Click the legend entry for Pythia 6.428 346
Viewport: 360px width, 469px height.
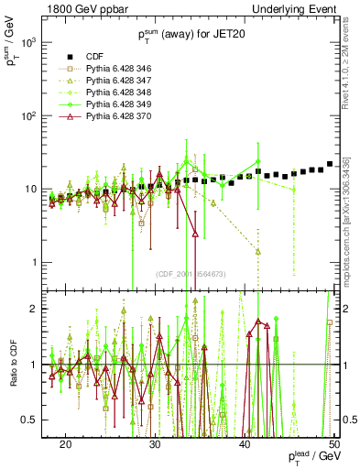coord(128,70)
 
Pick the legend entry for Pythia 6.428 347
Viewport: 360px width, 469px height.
coord(128,82)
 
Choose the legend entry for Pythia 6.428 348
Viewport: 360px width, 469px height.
coord(128,93)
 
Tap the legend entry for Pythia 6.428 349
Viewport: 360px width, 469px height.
coord(128,105)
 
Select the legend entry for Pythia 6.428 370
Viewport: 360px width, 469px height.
coord(128,117)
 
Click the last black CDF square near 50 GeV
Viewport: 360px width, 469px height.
coord(330,164)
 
